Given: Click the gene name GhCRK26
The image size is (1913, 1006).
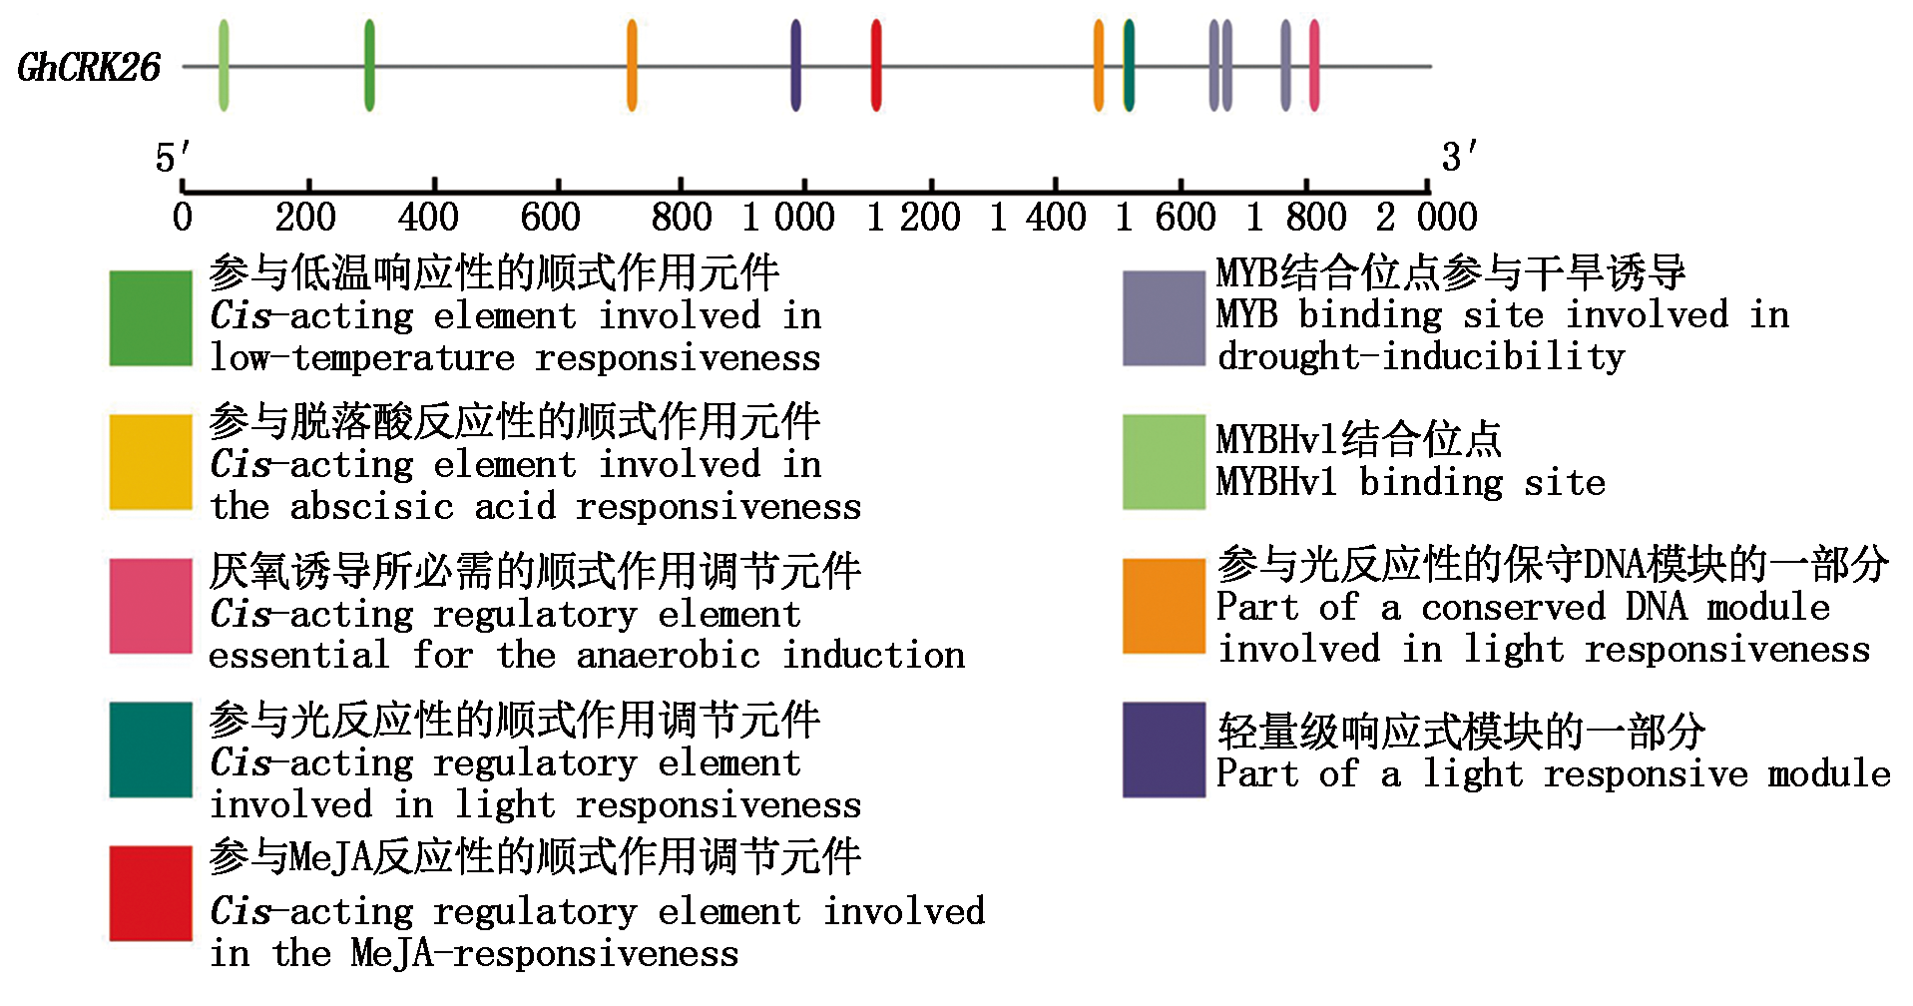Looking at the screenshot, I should (x=89, y=68).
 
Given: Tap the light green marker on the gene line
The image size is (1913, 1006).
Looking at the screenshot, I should (x=224, y=66).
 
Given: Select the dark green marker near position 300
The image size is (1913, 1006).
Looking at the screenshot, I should (x=369, y=66).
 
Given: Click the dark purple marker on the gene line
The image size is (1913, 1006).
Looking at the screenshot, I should (x=795, y=66).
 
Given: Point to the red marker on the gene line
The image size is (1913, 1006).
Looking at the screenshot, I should (x=876, y=66).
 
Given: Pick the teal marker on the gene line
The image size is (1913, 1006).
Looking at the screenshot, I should (x=1129, y=66).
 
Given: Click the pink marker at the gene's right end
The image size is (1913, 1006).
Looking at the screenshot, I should (x=1314, y=66).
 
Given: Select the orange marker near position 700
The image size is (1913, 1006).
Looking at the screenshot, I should (x=632, y=66).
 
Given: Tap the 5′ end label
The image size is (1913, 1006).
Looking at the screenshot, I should (x=172, y=158).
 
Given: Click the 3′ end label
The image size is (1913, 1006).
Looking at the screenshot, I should (x=1458, y=157).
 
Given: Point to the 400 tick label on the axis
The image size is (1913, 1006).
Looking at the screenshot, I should (x=428, y=217).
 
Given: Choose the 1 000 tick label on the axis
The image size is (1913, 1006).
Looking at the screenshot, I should (x=788, y=217).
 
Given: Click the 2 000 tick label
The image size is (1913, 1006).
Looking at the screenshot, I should (x=1426, y=217).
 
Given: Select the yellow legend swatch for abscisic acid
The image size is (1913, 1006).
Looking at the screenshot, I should (x=151, y=462).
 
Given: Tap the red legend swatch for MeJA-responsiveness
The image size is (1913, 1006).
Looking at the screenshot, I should (x=151, y=893).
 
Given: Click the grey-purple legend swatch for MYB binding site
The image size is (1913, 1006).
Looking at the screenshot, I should (x=1164, y=318).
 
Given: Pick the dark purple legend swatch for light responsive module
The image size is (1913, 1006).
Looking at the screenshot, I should (x=1164, y=750).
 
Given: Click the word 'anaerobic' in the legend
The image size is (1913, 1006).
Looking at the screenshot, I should (x=669, y=656).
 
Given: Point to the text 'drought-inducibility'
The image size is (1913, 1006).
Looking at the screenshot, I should (x=1421, y=356).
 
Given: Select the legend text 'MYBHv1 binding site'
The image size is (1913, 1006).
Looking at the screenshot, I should (x=1410, y=483).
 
